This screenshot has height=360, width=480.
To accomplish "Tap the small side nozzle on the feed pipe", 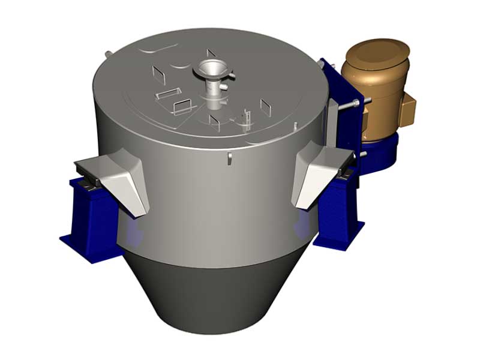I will click(224, 88).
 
